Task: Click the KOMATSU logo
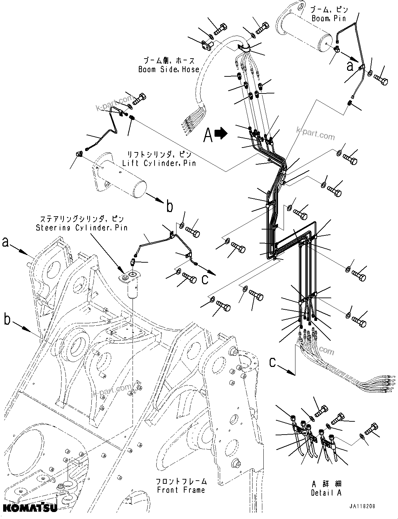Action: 29,508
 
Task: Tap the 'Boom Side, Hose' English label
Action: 169,69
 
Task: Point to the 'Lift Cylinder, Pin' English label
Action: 159,163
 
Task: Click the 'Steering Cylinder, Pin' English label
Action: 82,228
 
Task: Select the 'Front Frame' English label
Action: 181,490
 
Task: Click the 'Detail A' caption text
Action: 326,493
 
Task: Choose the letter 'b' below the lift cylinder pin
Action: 170,207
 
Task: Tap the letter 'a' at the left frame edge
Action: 6,242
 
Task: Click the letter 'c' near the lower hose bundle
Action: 273,362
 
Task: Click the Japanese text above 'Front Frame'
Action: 181,481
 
